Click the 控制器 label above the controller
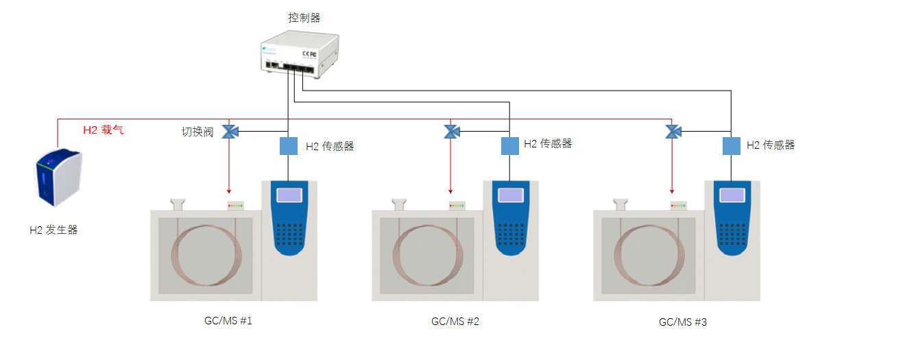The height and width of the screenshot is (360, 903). click(x=304, y=18)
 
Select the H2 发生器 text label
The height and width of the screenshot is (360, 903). click(x=53, y=230)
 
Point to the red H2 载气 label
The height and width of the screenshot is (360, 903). click(x=104, y=130)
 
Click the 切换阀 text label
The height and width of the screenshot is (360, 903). click(x=197, y=132)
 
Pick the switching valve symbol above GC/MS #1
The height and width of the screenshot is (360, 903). click(x=230, y=131)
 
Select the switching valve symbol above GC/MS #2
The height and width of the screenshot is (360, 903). click(x=451, y=131)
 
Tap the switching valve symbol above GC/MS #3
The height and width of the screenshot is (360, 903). click(x=673, y=131)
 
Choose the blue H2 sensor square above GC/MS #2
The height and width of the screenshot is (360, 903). click(x=510, y=145)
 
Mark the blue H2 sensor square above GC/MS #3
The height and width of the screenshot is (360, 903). click(x=732, y=145)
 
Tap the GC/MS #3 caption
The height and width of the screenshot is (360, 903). click(x=682, y=322)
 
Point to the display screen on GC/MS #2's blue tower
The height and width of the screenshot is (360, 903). click(x=510, y=195)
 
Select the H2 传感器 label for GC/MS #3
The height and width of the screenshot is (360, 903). click(x=770, y=145)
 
